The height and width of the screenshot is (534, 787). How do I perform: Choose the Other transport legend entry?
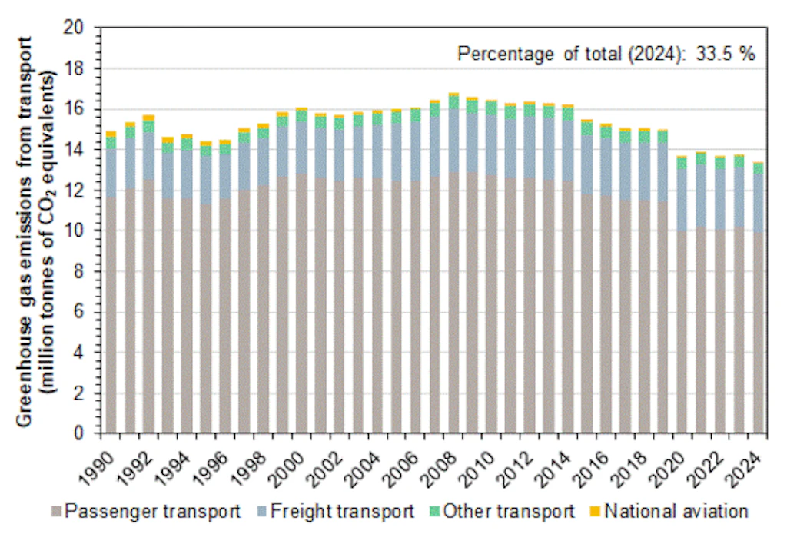507,511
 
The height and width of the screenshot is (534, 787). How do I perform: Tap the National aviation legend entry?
669,511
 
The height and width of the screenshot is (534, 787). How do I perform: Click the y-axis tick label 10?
82,231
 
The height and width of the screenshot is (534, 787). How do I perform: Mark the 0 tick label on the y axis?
87,434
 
